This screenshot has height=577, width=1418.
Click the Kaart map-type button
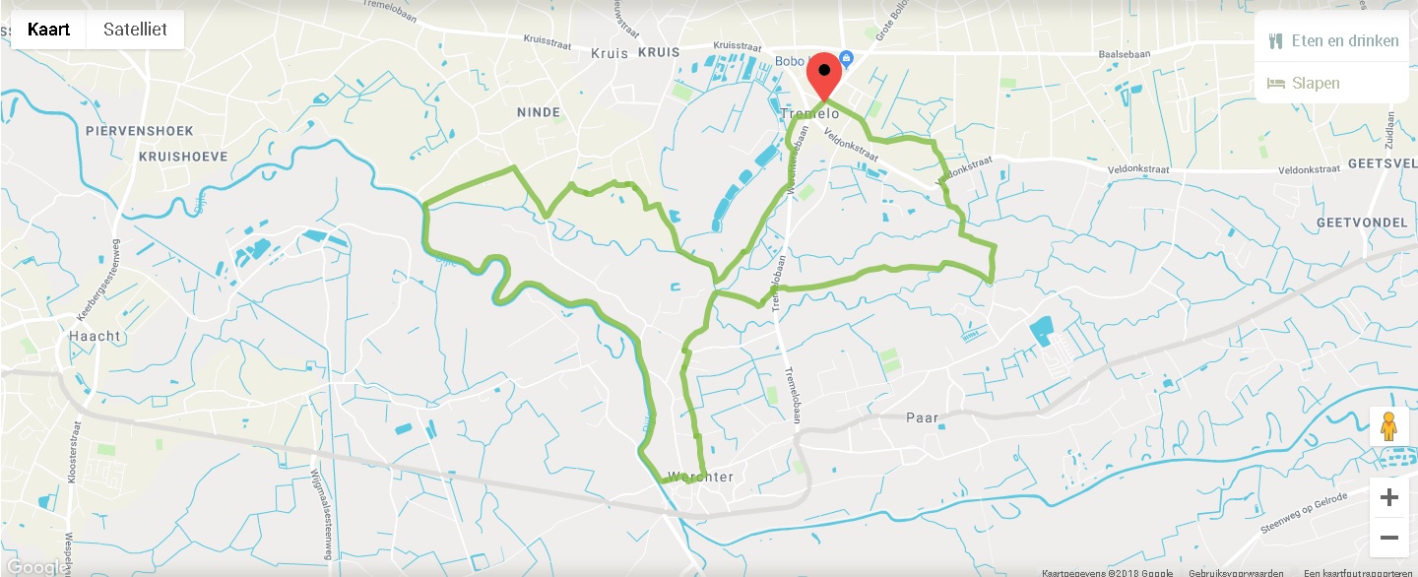coord(48,30)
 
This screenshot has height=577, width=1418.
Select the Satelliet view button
coord(135,30)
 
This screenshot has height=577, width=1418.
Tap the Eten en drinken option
coord(1332,40)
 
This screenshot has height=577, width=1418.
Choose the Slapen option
coord(1304,83)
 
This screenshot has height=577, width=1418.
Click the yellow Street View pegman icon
coord(1388,427)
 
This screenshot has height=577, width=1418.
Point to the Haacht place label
coord(95,337)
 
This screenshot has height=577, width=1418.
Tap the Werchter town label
coord(700,478)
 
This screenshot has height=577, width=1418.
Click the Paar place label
coord(923,418)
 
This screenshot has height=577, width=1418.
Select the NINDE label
coord(539,113)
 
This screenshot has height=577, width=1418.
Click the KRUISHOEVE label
coord(183,157)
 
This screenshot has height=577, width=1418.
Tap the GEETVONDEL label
coord(1362,224)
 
